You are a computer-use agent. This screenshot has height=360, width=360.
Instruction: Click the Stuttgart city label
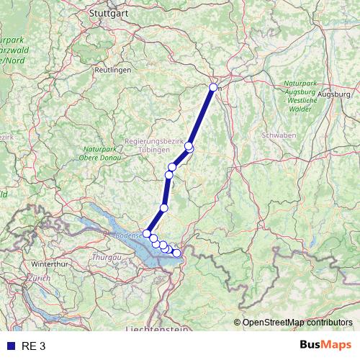click(x=108, y=12)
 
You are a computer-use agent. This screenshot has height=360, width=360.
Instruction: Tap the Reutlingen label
click(x=113, y=70)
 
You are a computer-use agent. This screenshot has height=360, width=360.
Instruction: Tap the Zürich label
click(x=40, y=278)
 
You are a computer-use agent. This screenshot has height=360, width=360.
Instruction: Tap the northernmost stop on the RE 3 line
click(x=213, y=88)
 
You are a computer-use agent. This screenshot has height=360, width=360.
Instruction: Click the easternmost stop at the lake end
click(x=176, y=253)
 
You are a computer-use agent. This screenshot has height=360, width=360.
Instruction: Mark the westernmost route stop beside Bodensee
click(x=147, y=233)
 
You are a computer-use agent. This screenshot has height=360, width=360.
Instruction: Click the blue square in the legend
click(x=9, y=346)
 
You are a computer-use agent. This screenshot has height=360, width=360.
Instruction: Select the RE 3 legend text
click(x=33, y=346)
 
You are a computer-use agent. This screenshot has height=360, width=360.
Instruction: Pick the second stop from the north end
click(x=189, y=147)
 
